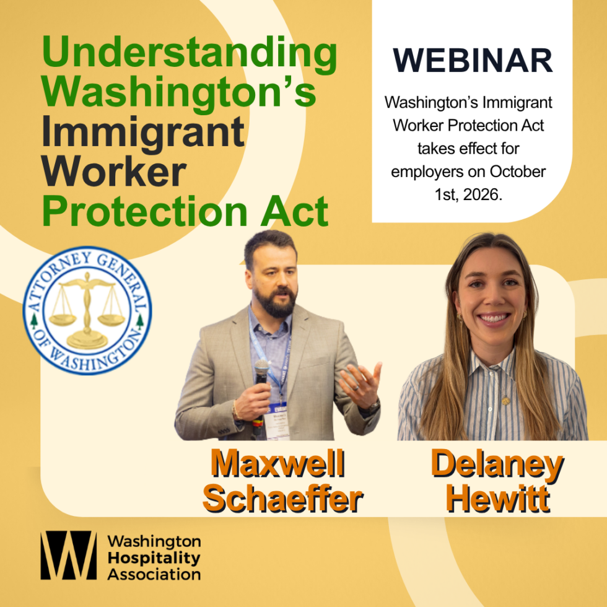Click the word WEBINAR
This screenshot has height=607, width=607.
[x=473, y=61]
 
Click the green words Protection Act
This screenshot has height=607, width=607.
[x=185, y=211]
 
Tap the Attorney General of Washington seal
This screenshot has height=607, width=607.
[x=87, y=310]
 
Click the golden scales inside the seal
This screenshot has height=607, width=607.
[x=87, y=310]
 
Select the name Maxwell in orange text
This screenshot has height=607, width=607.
[x=277, y=463]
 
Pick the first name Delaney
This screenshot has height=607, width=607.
[x=497, y=465]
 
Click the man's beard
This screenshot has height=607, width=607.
[x=276, y=302]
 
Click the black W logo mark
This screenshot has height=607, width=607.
[x=69, y=555]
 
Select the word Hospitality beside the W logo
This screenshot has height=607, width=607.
[x=154, y=558]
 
